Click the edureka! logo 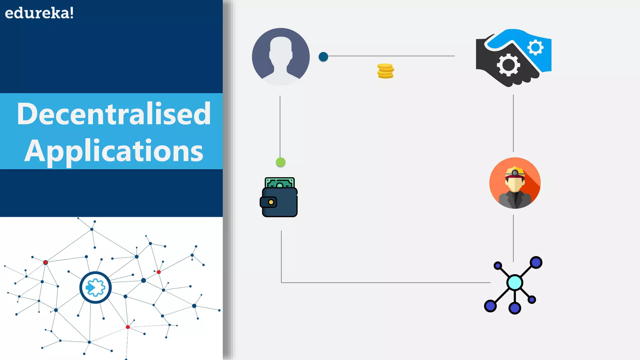39,13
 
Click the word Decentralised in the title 114,114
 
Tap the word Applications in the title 114,151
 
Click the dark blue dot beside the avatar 323,57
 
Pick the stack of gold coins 385,71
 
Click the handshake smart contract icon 513,58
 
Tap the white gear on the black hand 508,65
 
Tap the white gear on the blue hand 535,47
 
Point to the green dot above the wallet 281,162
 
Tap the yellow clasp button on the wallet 271,202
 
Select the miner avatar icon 515,183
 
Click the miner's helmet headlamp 515,173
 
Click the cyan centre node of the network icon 515,282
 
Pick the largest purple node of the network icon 536,262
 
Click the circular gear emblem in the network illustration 95,287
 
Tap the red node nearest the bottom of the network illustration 127,327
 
